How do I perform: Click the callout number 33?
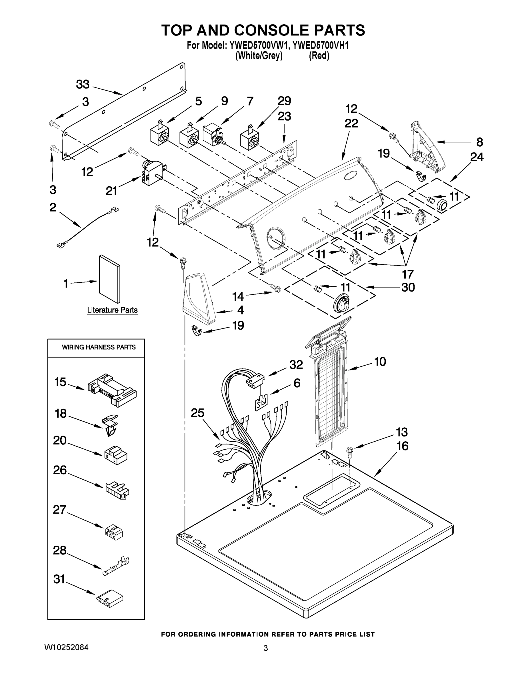click(83, 85)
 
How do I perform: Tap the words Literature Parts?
click(112, 310)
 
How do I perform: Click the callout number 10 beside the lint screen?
click(380, 362)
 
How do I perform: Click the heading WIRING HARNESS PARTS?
click(99, 347)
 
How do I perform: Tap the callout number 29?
click(284, 101)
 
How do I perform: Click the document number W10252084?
click(66, 647)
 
